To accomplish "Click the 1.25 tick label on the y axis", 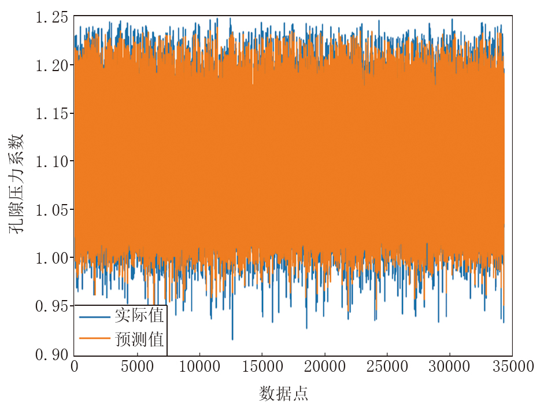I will [x=51, y=17].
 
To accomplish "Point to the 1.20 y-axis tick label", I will [x=51, y=65].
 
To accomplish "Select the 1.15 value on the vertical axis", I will [x=51, y=113].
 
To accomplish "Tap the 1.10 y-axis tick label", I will [x=51, y=161].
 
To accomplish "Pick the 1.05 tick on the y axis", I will [x=51, y=209].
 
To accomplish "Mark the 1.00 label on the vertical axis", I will [x=51, y=257].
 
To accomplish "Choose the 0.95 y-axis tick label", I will [x=51, y=305].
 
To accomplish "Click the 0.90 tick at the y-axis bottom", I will [x=51, y=353].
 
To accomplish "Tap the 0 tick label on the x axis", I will [x=75, y=367].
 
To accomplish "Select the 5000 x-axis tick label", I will [x=137, y=367].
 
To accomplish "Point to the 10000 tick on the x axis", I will [x=199, y=367].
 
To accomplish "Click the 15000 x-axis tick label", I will [x=262, y=367].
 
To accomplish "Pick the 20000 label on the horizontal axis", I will [x=324, y=367].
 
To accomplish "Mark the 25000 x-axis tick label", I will [x=387, y=367].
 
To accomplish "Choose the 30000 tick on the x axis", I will [x=449, y=367].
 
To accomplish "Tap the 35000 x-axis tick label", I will [x=512, y=367].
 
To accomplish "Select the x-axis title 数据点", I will [x=283, y=394].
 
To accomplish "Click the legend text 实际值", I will [x=139, y=316].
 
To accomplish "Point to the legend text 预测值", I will [x=139, y=339].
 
